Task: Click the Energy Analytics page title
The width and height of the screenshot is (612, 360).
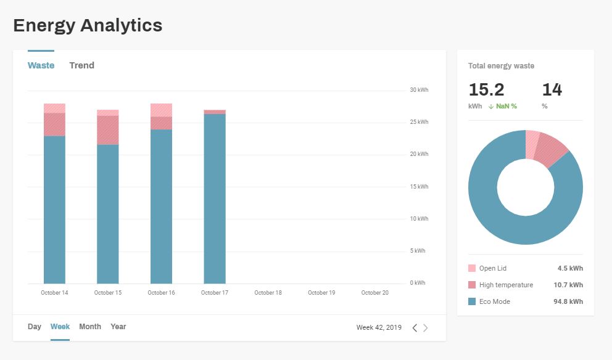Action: tap(88, 25)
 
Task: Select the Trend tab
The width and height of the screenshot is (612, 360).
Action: tap(81, 65)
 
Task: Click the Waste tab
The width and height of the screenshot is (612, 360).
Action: tap(41, 65)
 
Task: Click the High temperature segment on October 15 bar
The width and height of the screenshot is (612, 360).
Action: tap(108, 130)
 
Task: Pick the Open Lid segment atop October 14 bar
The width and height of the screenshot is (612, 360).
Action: tap(54, 108)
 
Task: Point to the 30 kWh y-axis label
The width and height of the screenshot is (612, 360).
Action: tap(419, 90)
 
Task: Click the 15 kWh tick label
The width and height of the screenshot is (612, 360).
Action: tap(419, 187)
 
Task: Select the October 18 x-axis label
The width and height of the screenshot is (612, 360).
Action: tap(268, 293)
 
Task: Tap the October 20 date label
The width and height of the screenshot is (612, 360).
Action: tap(374, 293)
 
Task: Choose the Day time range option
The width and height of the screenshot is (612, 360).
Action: tap(35, 327)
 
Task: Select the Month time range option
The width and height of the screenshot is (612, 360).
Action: tap(90, 327)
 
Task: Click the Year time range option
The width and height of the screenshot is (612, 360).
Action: tap(118, 327)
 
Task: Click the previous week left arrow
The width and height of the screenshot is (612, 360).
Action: tap(415, 328)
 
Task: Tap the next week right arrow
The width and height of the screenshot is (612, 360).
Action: tap(425, 328)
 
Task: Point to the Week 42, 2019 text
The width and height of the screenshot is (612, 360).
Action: tap(379, 327)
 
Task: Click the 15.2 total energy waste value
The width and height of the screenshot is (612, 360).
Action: tap(486, 90)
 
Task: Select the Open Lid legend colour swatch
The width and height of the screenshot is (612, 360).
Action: tap(472, 268)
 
